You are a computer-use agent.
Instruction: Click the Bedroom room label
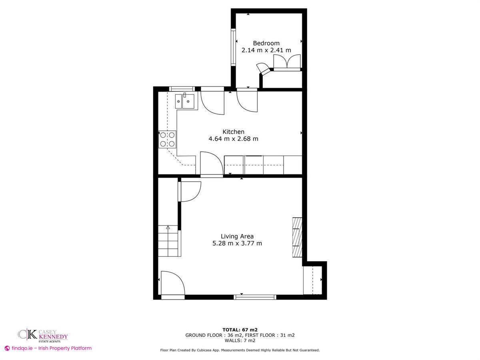tap(266, 43)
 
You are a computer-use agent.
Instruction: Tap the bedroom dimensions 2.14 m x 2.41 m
tap(266, 50)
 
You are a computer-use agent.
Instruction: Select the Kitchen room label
tap(233, 132)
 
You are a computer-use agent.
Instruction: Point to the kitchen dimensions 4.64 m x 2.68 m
tap(233, 139)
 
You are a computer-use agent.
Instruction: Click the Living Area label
tap(237, 236)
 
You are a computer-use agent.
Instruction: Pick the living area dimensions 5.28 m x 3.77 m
tap(237, 243)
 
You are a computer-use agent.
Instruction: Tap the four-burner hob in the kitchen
tap(168, 139)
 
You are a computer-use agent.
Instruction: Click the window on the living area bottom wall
tap(255, 297)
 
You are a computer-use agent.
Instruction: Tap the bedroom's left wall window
tap(232, 46)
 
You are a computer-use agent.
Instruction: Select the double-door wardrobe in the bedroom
tap(287, 62)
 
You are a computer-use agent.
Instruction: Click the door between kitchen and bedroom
tap(247, 102)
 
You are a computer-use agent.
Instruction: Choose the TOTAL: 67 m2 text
tap(240, 330)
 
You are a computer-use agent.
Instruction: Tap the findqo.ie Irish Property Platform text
tap(48, 348)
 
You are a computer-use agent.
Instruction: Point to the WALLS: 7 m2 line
tap(240, 340)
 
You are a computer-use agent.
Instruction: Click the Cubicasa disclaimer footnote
tap(240, 350)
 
